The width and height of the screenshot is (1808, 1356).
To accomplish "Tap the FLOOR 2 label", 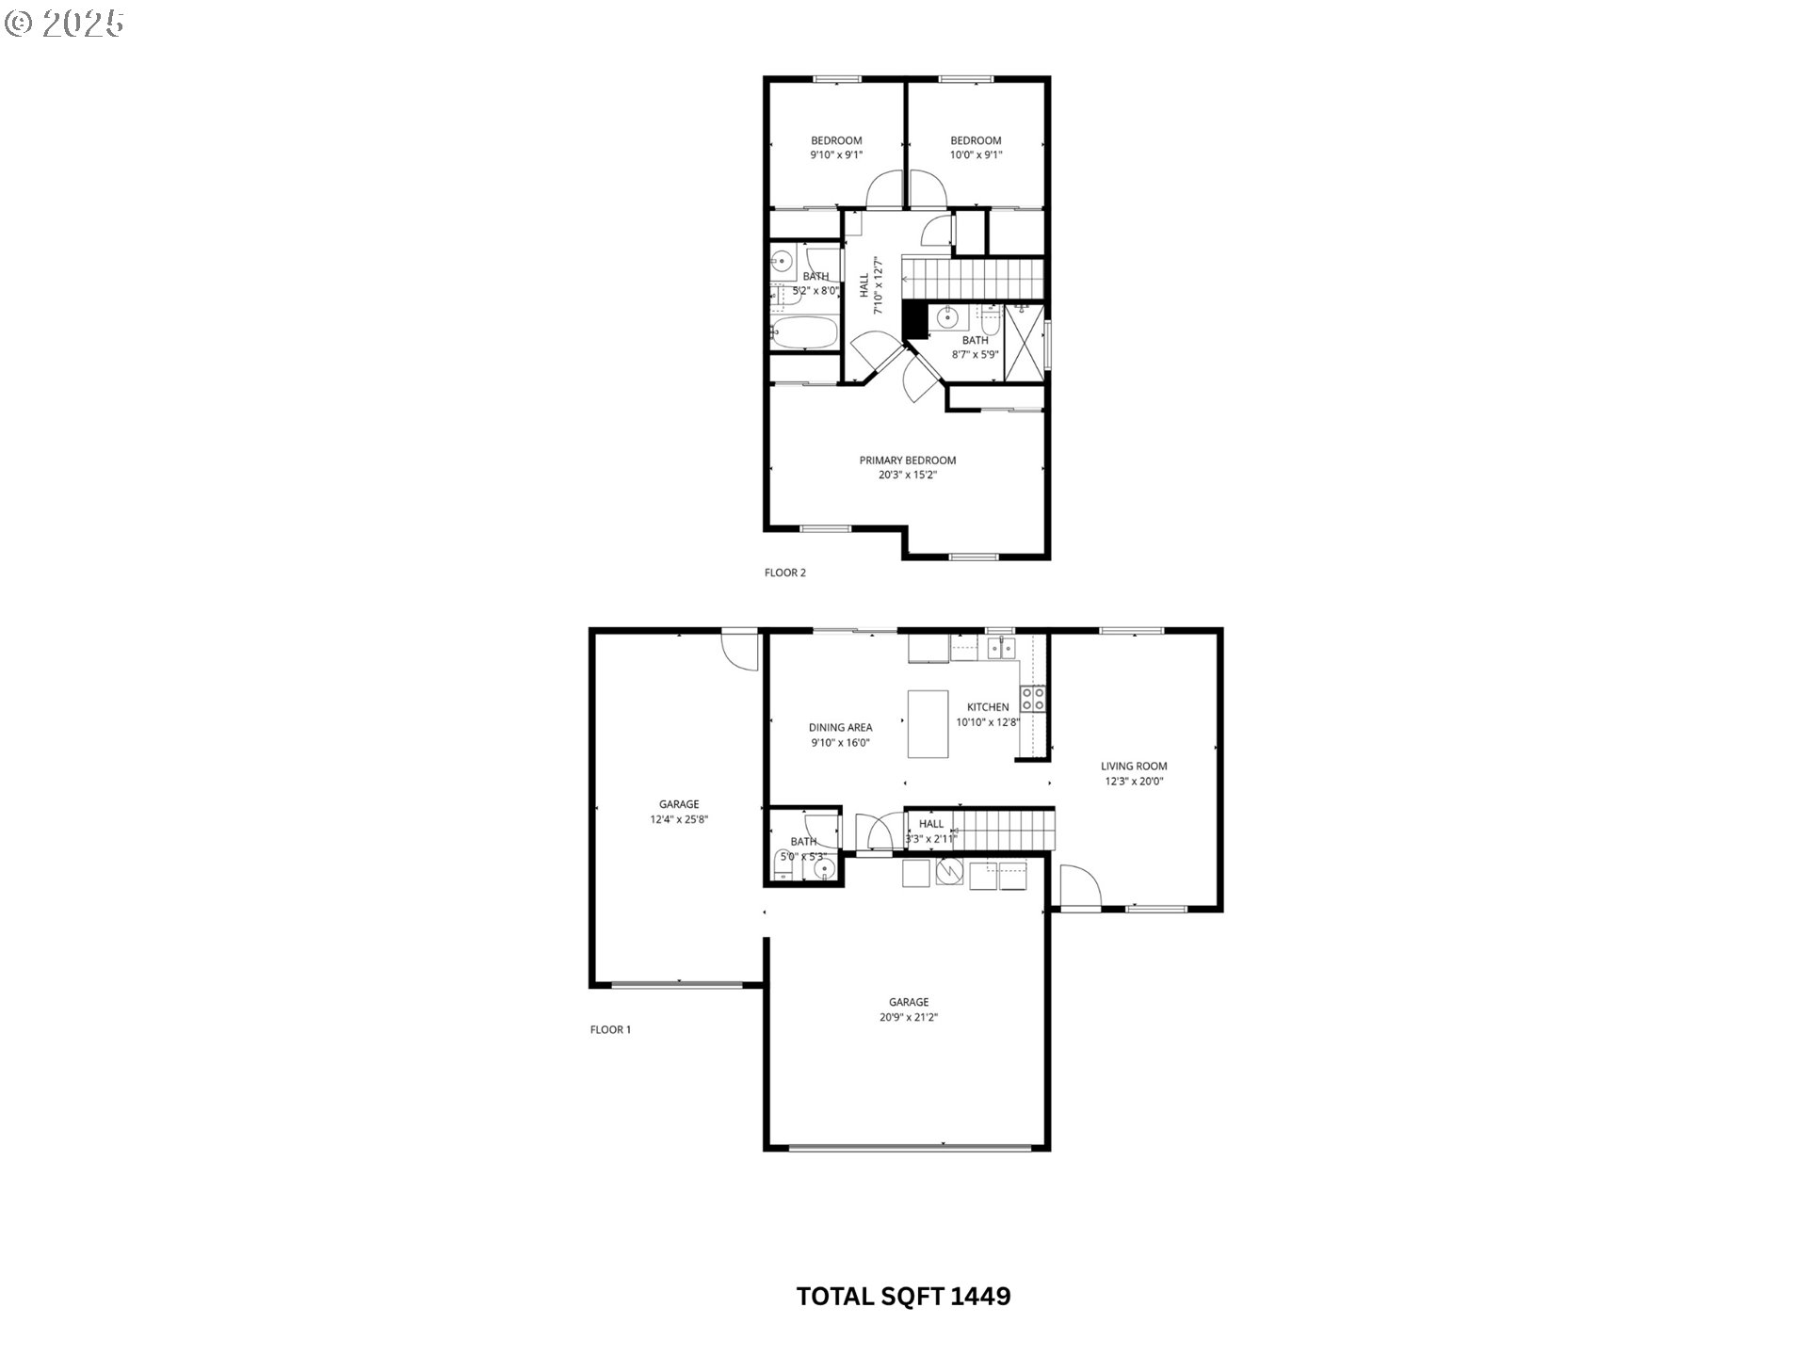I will pyautogui.click(x=784, y=573).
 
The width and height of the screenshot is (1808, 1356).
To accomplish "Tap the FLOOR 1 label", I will pyautogui.click(x=610, y=1029).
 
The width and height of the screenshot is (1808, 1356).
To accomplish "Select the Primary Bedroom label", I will pyautogui.click(x=907, y=460).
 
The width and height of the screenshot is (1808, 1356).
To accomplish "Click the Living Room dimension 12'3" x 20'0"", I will pyautogui.click(x=1134, y=781).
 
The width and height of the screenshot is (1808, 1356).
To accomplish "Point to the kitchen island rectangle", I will pyautogui.click(x=928, y=723).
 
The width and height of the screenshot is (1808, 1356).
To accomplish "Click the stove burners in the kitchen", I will pyautogui.click(x=1033, y=698).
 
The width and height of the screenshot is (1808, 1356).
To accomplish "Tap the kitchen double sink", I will pyautogui.click(x=1000, y=647).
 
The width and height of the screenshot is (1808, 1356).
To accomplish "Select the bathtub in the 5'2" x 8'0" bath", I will pyautogui.click(x=803, y=332).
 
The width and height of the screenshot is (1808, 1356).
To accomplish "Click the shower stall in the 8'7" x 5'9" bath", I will pyautogui.click(x=1025, y=340).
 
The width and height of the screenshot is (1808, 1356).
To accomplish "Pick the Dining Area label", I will pyautogui.click(x=840, y=727).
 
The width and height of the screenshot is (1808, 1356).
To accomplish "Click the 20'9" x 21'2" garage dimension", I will pyautogui.click(x=908, y=1017).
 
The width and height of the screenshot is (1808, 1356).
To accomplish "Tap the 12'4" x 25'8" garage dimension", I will pyautogui.click(x=678, y=819).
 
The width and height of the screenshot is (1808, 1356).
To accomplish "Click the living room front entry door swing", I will pyautogui.click(x=1078, y=886).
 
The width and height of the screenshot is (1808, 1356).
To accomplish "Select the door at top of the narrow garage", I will pyautogui.click(x=740, y=649).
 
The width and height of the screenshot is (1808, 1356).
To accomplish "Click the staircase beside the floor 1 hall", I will pyautogui.click(x=1006, y=831).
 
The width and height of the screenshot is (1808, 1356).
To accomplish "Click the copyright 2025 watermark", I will pyautogui.click(x=64, y=23).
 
